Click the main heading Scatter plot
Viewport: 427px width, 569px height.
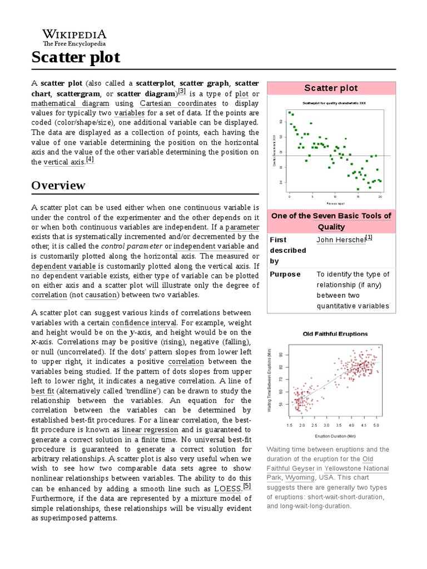coord(75,57)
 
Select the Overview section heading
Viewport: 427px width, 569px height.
coord(58,185)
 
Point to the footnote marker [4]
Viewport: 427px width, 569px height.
coord(90,159)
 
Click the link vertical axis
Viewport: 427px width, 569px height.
coord(64,162)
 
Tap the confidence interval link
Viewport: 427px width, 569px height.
coord(145,323)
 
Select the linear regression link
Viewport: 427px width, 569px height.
coord(150,430)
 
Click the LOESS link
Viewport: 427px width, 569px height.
coord(227,489)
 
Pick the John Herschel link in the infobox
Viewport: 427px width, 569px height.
coord(340,239)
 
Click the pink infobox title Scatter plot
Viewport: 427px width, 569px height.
coord(331,88)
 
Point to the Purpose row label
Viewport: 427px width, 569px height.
coord(285,274)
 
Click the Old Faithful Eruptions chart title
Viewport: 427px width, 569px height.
coord(335,334)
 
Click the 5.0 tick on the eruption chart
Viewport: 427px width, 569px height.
coord(376,425)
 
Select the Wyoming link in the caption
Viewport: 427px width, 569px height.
coord(300,478)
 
